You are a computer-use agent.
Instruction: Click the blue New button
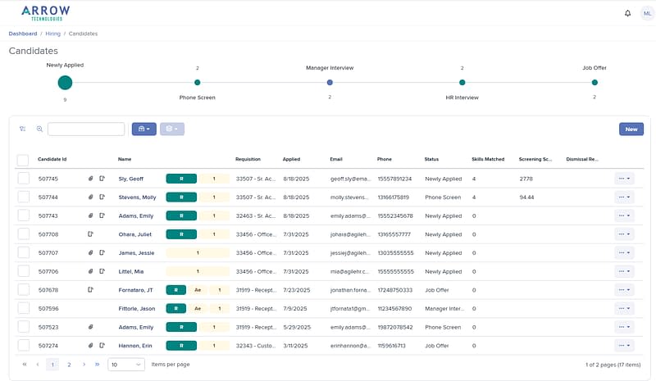(x=631, y=129)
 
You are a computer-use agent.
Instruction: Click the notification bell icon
(x=628, y=13)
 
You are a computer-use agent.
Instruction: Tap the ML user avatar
(x=647, y=13)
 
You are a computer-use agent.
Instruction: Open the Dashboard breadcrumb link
(x=23, y=34)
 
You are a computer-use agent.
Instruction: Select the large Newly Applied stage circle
(x=65, y=82)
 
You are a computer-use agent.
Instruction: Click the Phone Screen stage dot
(x=197, y=82)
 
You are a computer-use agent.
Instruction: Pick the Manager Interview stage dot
(x=330, y=82)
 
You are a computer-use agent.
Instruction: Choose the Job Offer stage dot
(x=594, y=82)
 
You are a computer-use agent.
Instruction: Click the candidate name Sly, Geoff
(x=130, y=178)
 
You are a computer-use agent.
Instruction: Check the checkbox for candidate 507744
(x=23, y=197)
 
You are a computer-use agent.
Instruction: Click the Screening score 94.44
(x=527, y=197)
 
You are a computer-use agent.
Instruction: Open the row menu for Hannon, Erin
(x=624, y=346)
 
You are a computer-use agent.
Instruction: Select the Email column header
(x=336, y=159)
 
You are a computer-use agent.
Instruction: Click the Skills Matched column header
(x=488, y=159)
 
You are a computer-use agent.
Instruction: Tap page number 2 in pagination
(x=69, y=364)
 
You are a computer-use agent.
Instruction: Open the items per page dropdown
(x=126, y=364)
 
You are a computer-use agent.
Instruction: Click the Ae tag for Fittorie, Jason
(x=198, y=308)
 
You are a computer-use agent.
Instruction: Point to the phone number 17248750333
(x=394, y=289)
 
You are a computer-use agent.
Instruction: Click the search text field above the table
(x=86, y=129)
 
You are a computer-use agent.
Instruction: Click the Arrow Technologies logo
(x=46, y=12)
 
